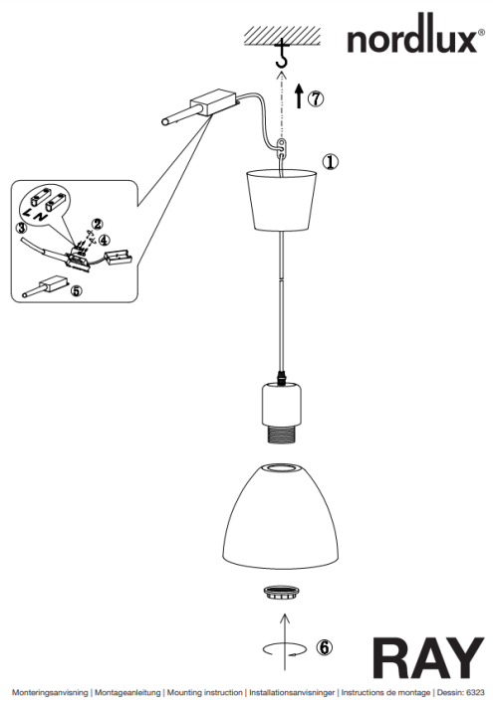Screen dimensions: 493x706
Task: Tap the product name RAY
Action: [428, 658]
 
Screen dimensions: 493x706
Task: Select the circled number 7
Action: [316, 97]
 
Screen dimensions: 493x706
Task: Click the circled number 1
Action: [331, 162]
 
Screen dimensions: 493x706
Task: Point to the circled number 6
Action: [324, 647]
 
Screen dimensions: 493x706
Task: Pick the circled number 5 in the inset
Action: [77, 291]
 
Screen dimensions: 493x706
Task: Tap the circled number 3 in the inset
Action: [21, 228]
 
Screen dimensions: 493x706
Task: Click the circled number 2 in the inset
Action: [97, 224]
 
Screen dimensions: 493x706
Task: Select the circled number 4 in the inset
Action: [105, 240]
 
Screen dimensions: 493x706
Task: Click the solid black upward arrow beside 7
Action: [299, 95]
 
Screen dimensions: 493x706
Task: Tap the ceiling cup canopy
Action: [281, 200]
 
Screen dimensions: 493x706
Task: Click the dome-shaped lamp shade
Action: [281, 515]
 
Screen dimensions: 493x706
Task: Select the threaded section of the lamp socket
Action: [282, 435]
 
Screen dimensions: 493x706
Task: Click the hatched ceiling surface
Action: [283, 36]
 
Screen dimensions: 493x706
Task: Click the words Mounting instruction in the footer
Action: [204, 692]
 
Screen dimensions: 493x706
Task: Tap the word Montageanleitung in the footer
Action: [127, 692]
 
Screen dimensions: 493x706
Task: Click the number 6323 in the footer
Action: [475, 692]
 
